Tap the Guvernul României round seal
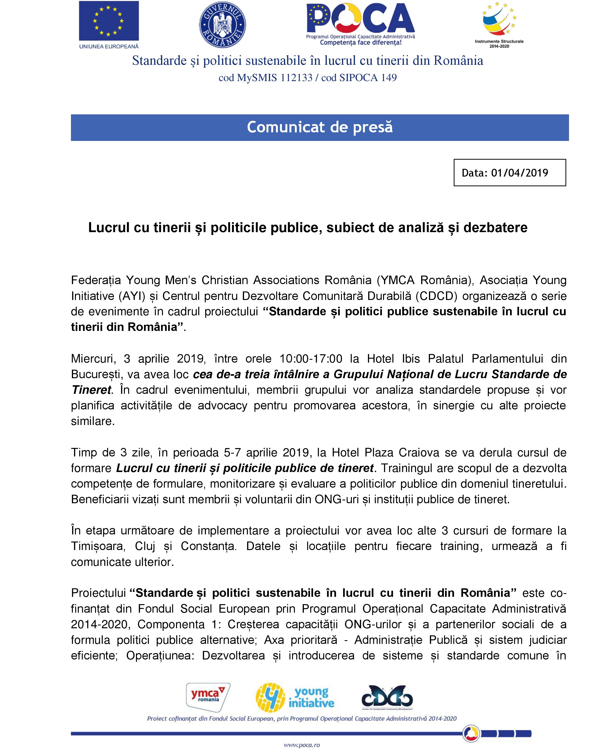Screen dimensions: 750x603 click(x=222, y=24)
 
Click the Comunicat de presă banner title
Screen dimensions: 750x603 click(x=319, y=127)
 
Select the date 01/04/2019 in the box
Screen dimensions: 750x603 click(x=520, y=173)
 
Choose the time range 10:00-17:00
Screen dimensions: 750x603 click(x=311, y=359)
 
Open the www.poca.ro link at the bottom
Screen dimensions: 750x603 click(x=302, y=745)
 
